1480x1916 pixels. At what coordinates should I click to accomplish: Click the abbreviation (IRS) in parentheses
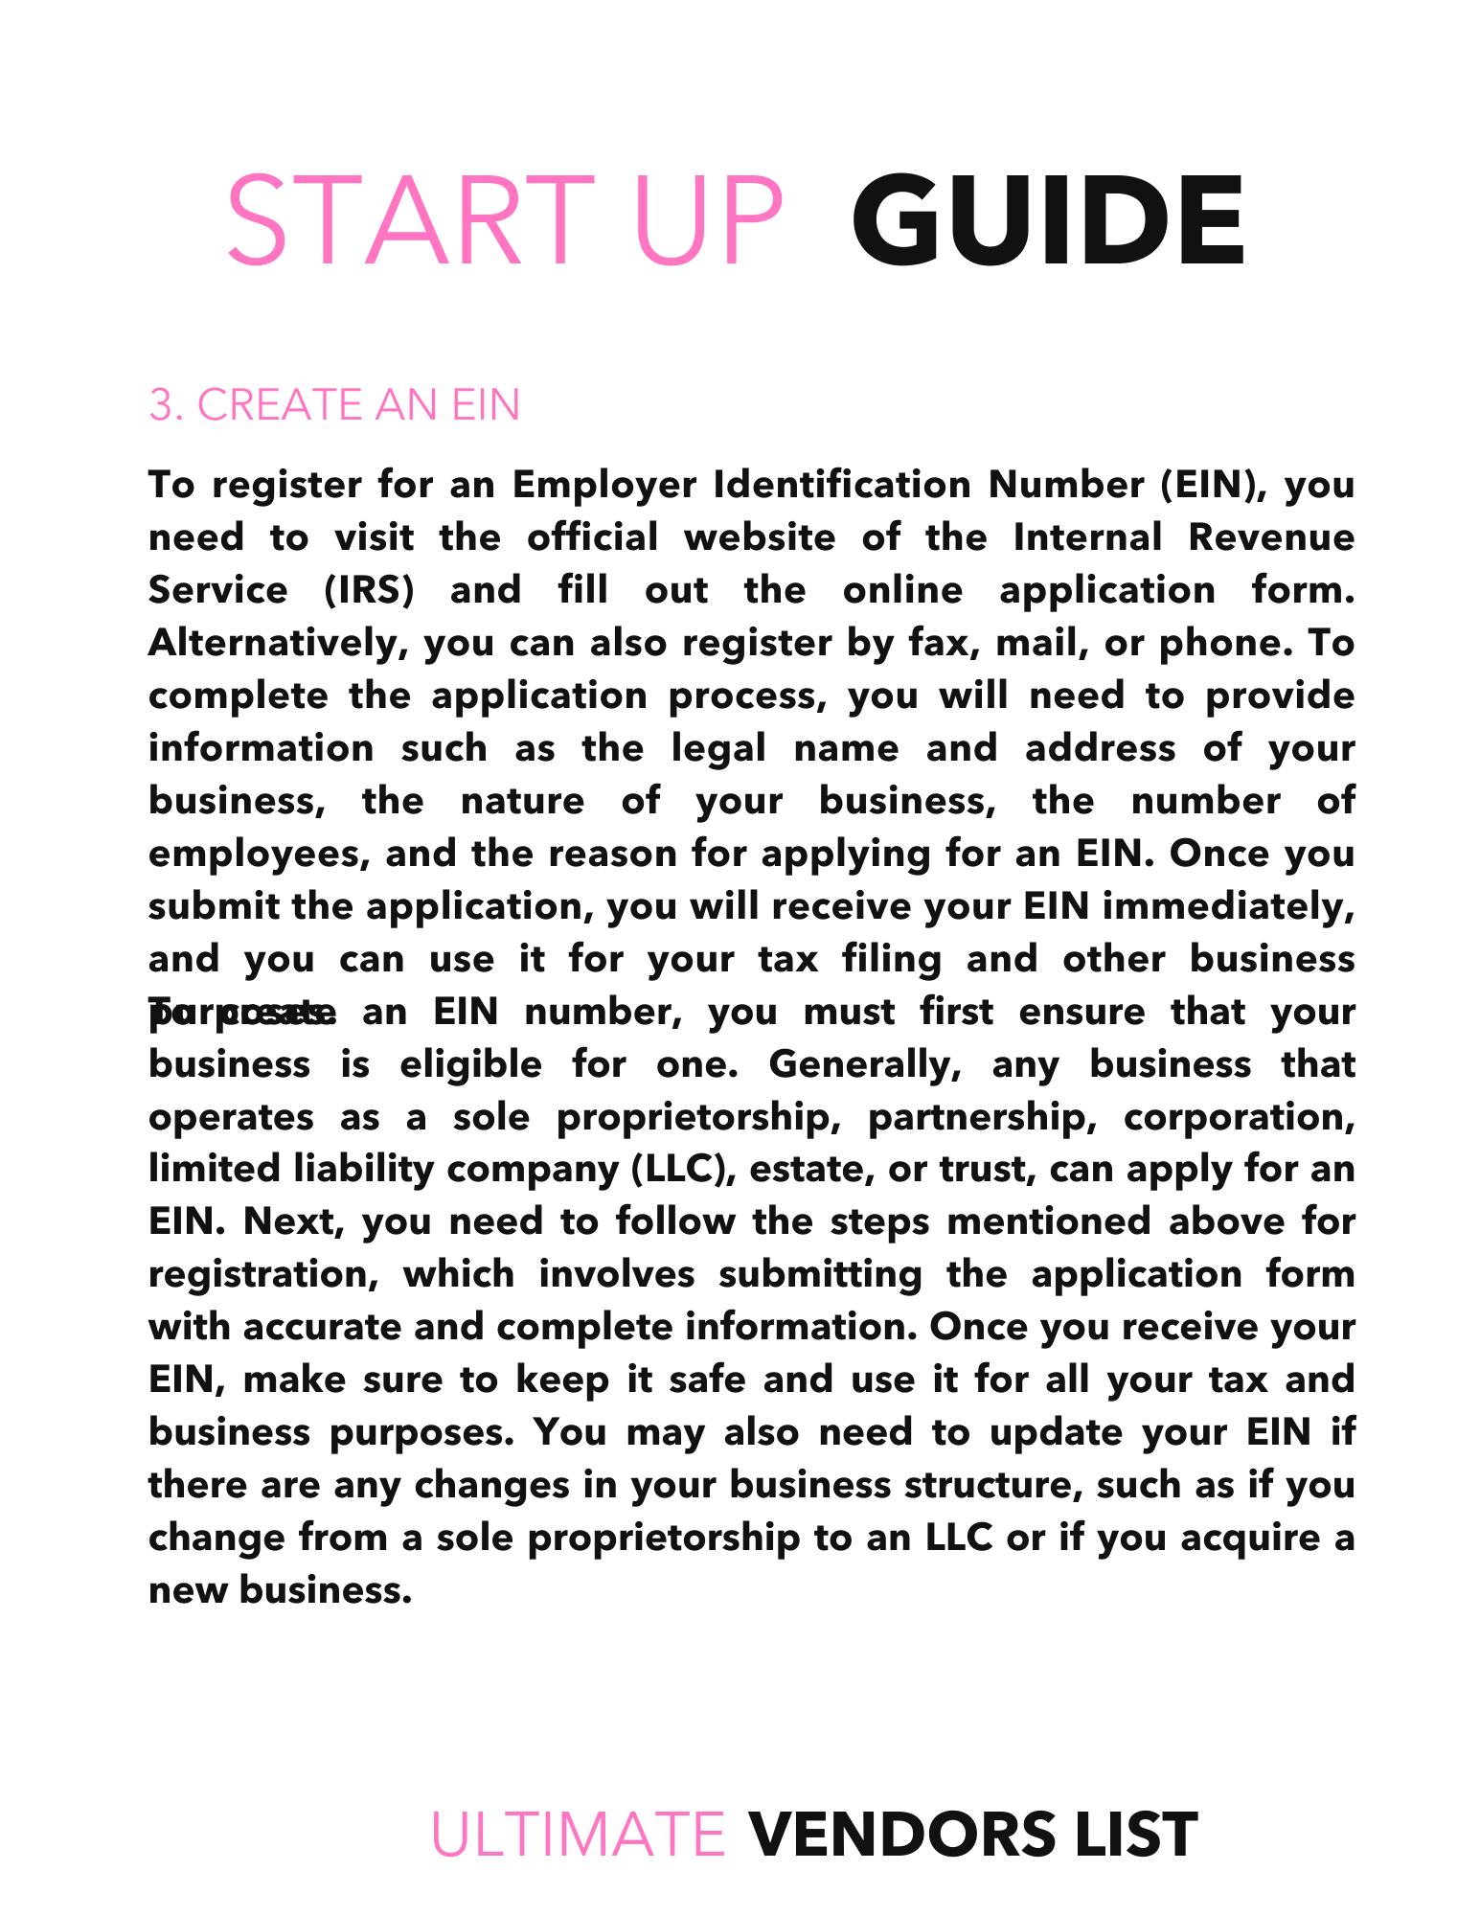367,590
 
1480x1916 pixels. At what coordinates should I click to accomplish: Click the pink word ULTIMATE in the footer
579,1835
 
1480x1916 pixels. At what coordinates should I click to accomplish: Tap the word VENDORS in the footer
901,1835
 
